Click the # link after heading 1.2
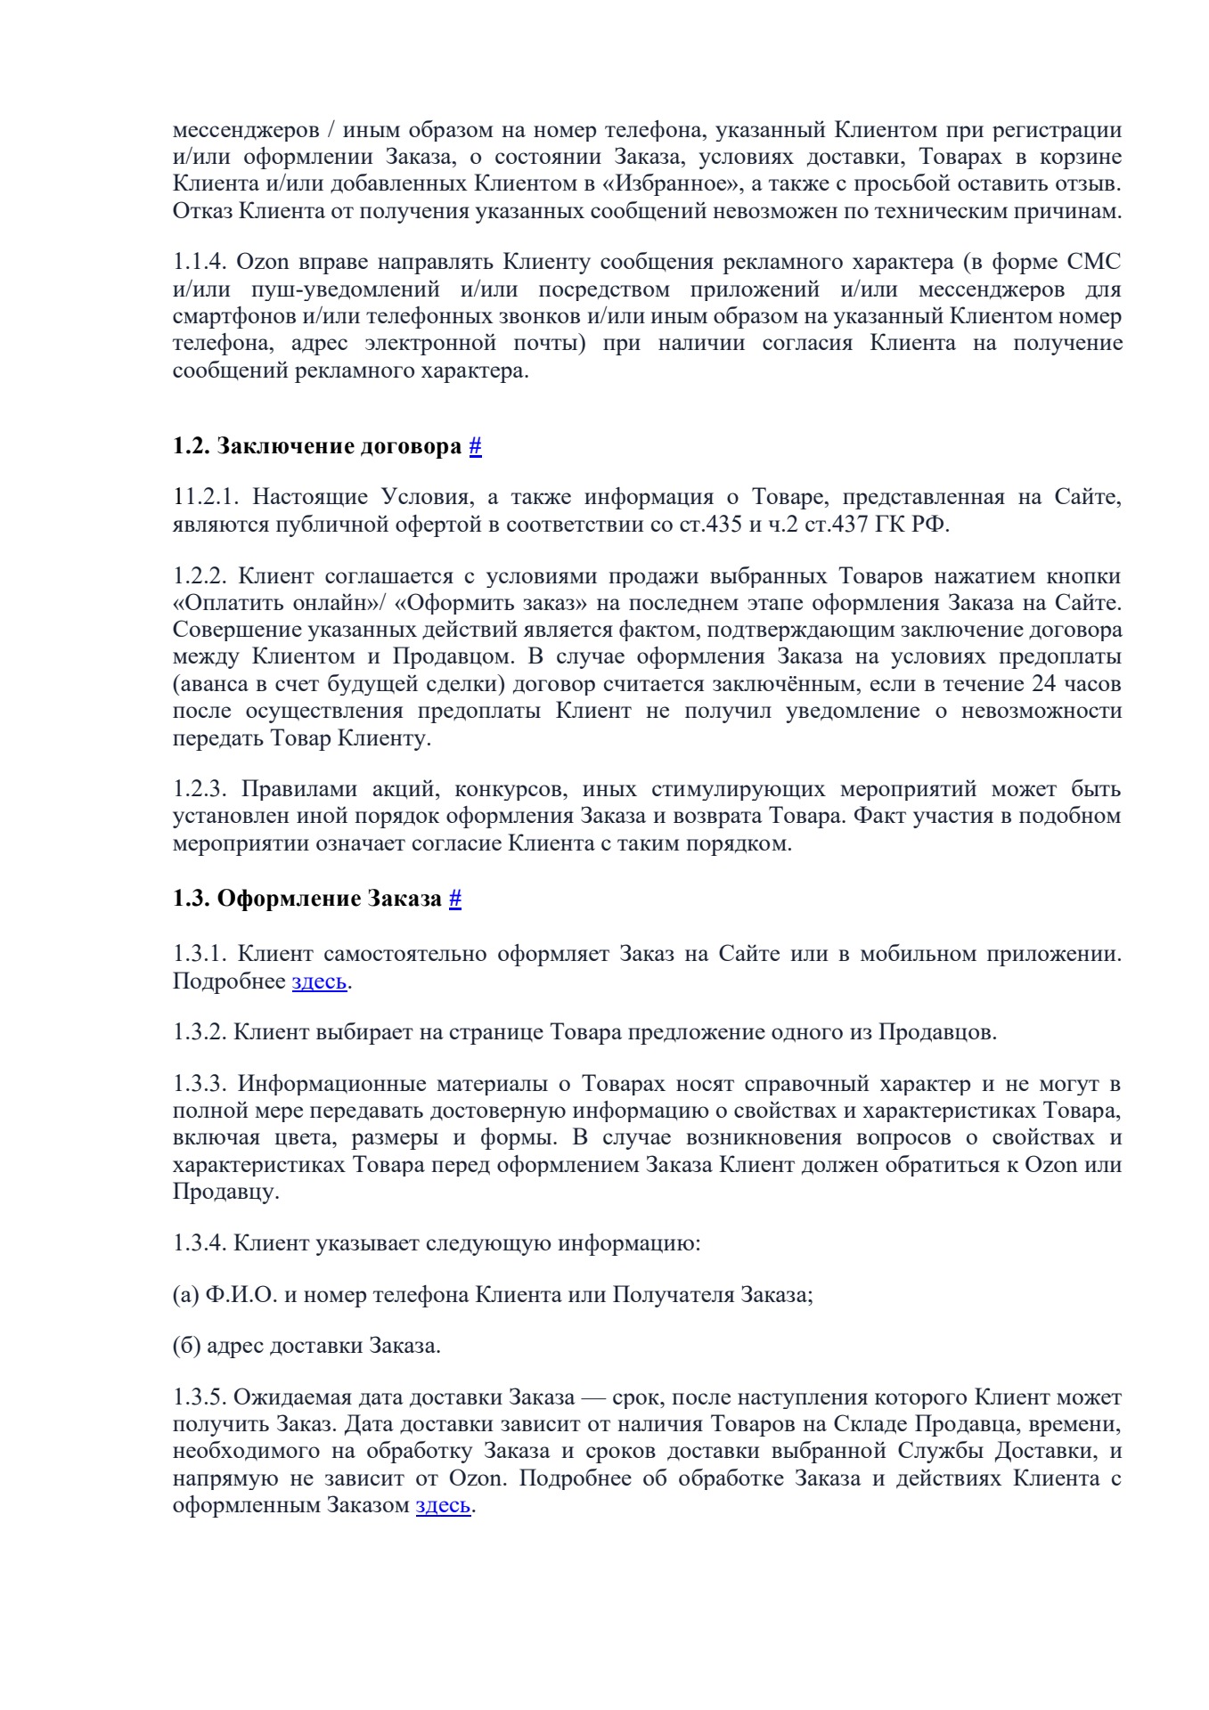click(x=475, y=446)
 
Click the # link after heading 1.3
click(x=454, y=899)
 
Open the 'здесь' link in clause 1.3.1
click(x=319, y=981)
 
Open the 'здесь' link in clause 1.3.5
click(x=443, y=1505)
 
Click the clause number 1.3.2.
click(x=200, y=1032)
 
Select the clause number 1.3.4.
click(x=200, y=1242)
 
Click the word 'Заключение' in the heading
click(x=285, y=446)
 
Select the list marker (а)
click(x=185, y=1294)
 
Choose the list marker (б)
click(x=186, y=1346)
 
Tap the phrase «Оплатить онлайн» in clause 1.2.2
click(x=276, y=603)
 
